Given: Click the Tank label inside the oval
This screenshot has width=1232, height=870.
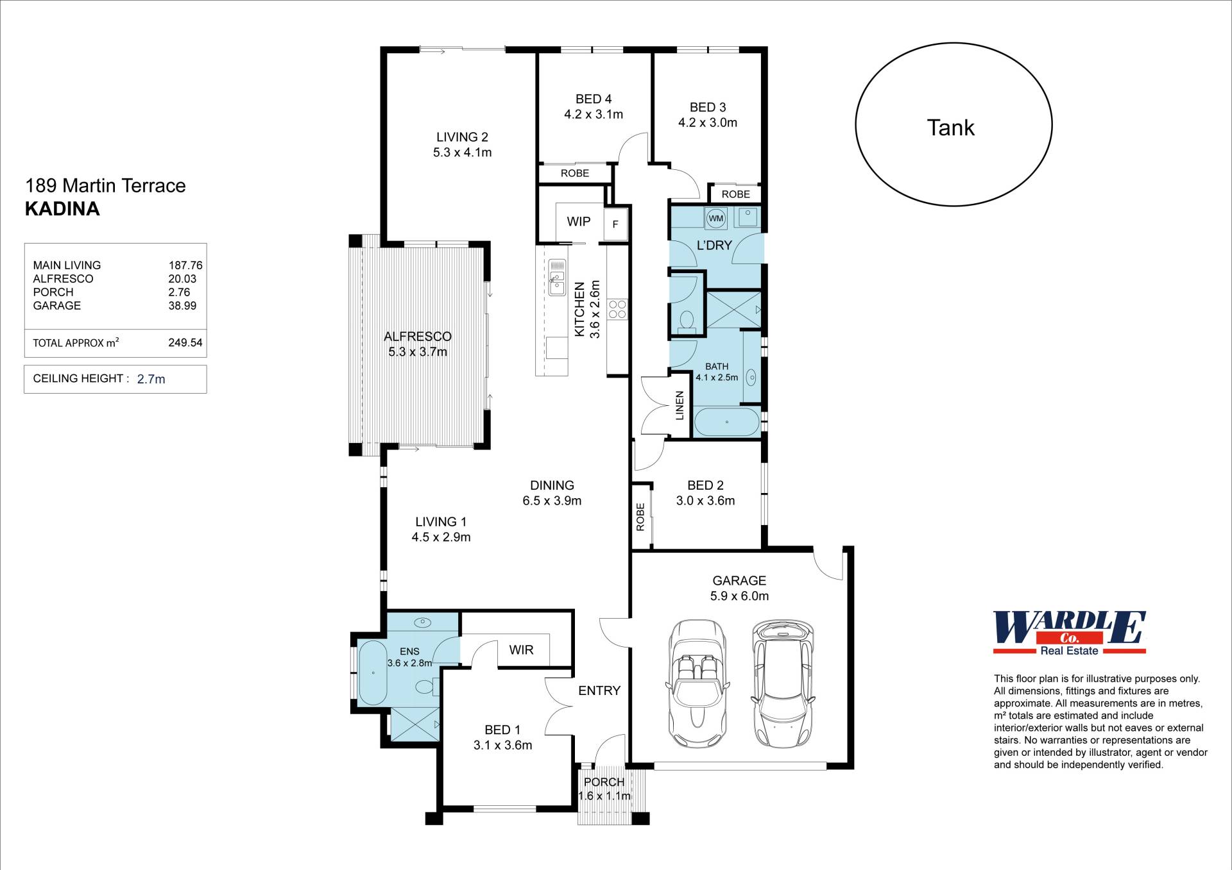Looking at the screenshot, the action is (x=950, y=128).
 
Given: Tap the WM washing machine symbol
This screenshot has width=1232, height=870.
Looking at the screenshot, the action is (x=715, y=218).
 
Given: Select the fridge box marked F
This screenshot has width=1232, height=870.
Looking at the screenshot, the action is (x=615, y=224).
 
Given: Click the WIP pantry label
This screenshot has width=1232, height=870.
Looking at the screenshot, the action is (x=578, y=221).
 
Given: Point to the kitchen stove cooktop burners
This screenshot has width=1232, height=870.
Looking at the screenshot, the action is (x=617, y=309).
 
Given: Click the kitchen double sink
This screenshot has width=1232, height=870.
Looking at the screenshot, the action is (x=557, y=277).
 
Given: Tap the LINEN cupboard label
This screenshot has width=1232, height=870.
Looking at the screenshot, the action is (x=680, y=405).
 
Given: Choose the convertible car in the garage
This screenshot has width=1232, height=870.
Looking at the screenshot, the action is (x=697, y=683).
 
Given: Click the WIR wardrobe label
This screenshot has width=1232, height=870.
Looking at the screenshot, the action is (x=521, y=650).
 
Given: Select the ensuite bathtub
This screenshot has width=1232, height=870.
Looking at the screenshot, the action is (x=373, y=673).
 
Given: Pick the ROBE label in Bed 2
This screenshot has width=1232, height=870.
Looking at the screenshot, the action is (x=640, y=517).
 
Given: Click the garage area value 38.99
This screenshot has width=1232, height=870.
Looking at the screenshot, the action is (x=182, y=306).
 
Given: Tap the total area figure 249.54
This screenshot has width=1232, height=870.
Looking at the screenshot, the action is (x=185, y=342).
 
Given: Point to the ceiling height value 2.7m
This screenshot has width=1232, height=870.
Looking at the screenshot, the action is (x=151, y=379).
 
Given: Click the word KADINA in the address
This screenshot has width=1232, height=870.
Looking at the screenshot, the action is (x=62, y=209).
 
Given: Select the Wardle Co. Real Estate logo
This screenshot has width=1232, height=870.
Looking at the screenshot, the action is (x=1070, y=633).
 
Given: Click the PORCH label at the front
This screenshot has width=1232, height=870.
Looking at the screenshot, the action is (x=604, y=782).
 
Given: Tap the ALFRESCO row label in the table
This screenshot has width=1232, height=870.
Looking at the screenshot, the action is (x=63, y=279).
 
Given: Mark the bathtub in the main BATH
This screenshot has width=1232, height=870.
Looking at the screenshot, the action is (x=727, y=422).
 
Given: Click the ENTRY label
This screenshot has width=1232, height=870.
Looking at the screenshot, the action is (x=599, y=690).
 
